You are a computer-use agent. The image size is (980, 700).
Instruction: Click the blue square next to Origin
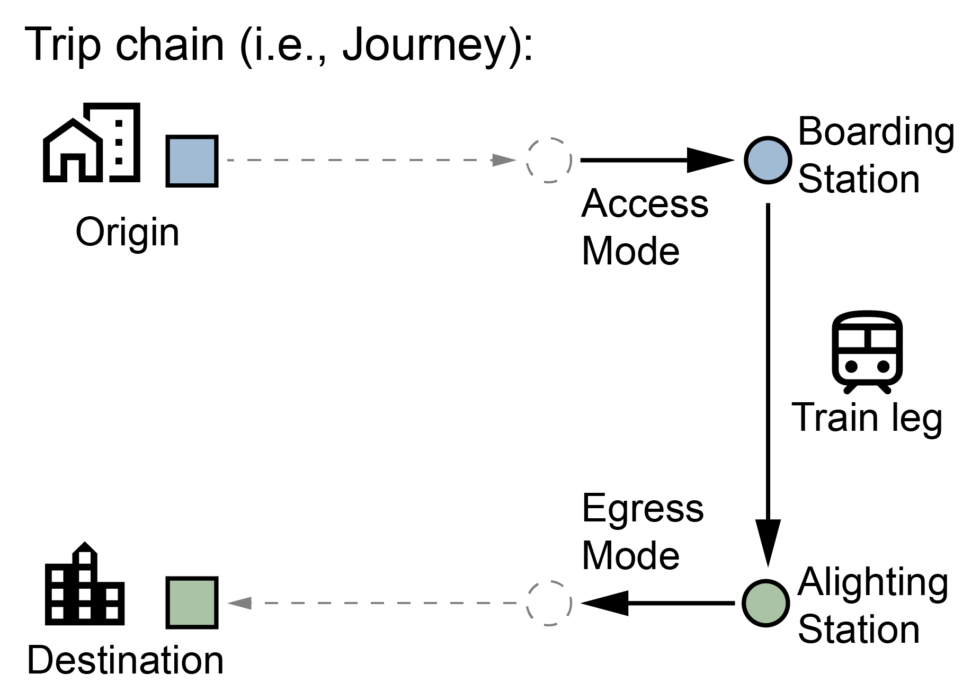[192, 161]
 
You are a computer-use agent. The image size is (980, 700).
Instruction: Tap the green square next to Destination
[192, 602]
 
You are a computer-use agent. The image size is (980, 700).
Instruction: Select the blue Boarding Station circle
[768, 160]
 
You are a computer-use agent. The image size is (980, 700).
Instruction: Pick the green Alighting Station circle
[765, 602]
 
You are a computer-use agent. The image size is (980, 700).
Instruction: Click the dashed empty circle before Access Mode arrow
[549, 160]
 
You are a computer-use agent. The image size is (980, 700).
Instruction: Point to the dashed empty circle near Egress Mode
[549, 603]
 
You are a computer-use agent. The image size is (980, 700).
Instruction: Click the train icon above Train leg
[867, 351]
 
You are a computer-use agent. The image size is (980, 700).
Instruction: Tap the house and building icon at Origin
[92, 143]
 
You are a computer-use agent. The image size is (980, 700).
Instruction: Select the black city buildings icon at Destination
[85, 584]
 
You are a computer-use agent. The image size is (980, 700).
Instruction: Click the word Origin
[127, 232]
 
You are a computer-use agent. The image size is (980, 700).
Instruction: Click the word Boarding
[876, 132]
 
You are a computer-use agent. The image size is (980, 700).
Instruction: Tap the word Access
[645, 204]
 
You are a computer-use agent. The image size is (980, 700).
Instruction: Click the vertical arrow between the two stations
[768, 382]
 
